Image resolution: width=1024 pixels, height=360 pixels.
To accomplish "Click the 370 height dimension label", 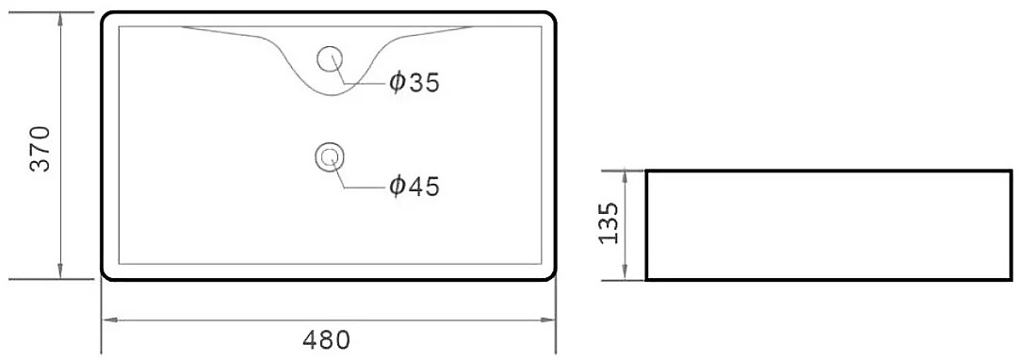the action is pyautogui.click(x=41, y=148).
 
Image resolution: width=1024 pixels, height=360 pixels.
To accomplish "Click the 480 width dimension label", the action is pyautogui.click(x=327, y=340).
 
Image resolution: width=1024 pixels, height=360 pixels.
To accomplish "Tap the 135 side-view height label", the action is pyautogui.click(x=609, y=222).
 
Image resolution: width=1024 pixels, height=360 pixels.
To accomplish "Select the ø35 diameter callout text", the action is pyautogui.click(x=414, y=82).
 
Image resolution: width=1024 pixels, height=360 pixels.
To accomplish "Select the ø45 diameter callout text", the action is pyautogui.click(x=414, y=187).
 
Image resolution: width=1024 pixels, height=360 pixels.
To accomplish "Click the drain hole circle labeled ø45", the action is pyautogui.click(x=329, y=156).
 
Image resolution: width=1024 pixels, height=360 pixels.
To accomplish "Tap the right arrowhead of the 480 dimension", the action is pyautogui.click(x=547, y=320).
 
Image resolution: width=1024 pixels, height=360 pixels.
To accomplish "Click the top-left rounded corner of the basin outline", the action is pyautogui.click(x=106, y=16).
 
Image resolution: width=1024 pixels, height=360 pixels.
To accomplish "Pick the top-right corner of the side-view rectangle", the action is pyautogui.click(x=1011, y=172).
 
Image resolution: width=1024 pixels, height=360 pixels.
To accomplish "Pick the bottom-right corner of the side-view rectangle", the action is pyautogui.click(x=1011, y=280).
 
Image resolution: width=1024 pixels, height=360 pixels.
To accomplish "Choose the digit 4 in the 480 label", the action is pyautogui.click(x=311, y=340).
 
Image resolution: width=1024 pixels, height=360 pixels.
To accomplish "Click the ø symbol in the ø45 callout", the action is pyautogui.click(x=397, y=187).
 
